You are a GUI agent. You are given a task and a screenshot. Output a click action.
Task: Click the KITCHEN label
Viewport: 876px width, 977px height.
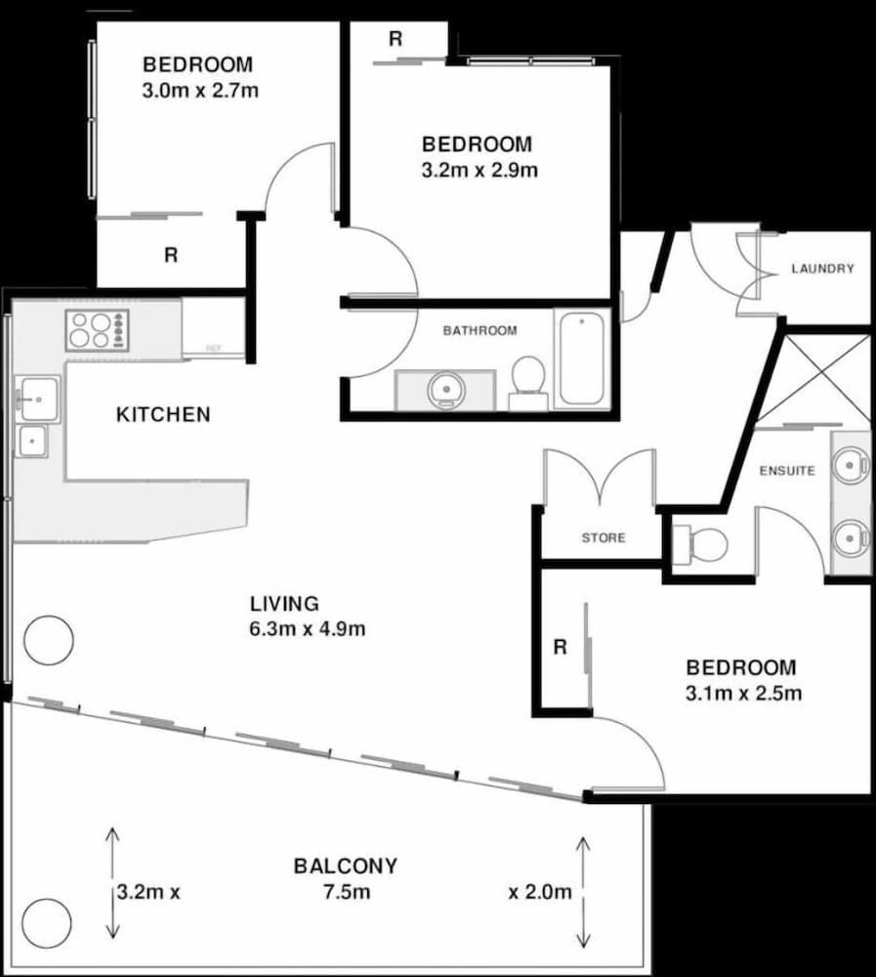pos(163,414)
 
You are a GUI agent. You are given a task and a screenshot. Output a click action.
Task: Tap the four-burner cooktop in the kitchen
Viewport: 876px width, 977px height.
pos(97,330)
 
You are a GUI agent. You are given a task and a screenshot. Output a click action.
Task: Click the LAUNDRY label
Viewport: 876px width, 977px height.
pos(822,269)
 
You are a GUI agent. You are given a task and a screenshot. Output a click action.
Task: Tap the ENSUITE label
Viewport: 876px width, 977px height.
pos(787,471)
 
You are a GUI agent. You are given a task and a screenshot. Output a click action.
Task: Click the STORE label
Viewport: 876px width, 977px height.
pos(604,537)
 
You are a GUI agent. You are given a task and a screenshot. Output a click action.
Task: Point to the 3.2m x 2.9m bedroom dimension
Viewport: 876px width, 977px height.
pos(478,170)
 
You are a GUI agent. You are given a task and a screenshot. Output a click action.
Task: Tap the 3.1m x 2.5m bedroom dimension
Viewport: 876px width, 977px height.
pos(741,694)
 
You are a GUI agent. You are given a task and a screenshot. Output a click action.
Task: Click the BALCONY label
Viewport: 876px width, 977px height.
pos(346,866)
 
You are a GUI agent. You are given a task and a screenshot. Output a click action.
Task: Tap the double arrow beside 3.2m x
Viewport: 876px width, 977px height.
pos(112,883)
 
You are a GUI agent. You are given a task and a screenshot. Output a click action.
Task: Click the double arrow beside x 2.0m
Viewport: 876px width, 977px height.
pos(584,891)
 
